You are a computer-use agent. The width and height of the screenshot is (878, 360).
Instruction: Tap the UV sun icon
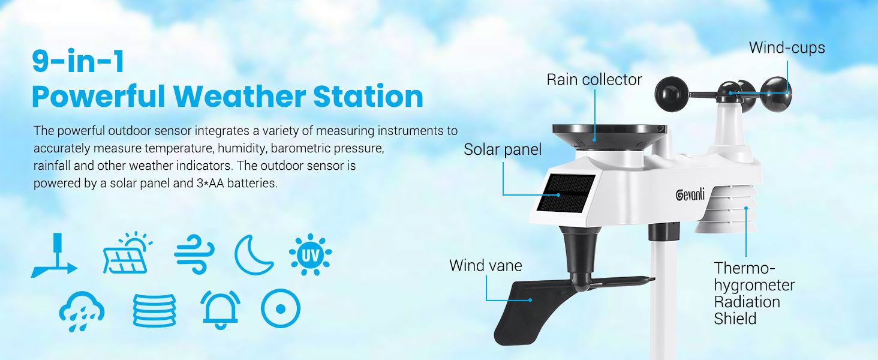coord(310,254)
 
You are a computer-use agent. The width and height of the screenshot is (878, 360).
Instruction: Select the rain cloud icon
coord(82,311)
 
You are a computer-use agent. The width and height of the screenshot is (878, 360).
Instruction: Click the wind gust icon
coord(195,254)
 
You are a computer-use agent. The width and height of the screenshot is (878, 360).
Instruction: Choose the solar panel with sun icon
coord(128,253)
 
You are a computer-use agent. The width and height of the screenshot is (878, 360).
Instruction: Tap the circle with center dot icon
coord(281,308)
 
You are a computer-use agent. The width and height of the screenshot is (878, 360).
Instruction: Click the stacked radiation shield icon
coord(154,310)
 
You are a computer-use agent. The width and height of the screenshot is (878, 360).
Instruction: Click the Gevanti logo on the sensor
coord(690,194)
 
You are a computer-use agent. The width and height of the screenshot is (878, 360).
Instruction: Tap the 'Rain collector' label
coord(594,80)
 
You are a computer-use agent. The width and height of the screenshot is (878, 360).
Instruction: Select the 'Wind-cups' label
coord(787,48)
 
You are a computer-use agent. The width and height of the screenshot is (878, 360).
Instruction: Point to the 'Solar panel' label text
coord(503,149)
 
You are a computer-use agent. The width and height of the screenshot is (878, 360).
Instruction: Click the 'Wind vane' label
coord(486,265)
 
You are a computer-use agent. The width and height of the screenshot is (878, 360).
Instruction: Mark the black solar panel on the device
coord(565,194)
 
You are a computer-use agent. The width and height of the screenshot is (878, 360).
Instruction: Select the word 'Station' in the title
coord(368,97)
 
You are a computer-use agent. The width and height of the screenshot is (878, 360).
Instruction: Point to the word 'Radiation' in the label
coord(747,302)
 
